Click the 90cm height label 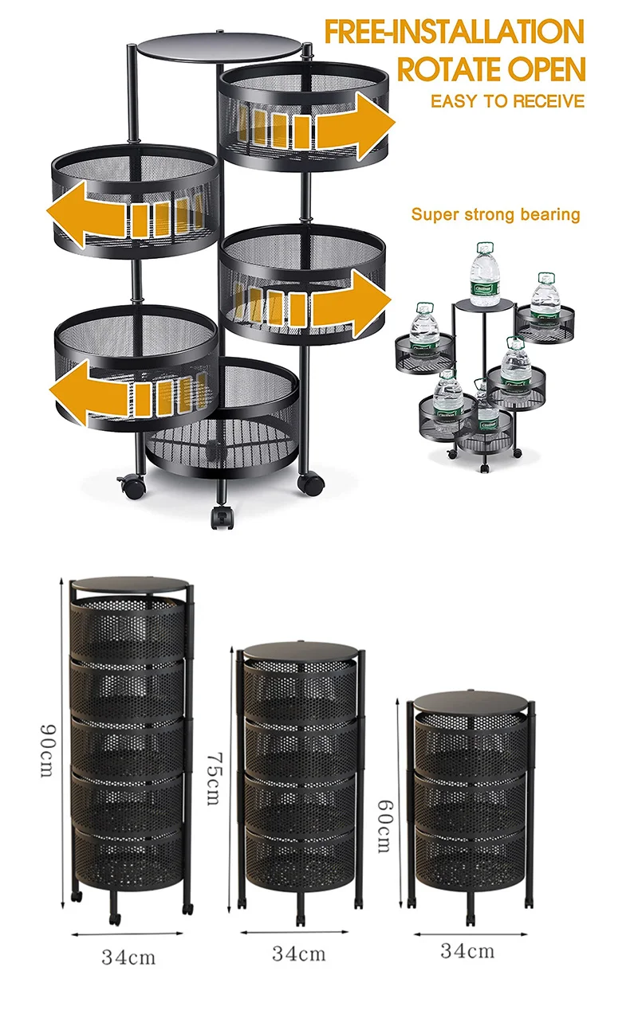pos(47,752)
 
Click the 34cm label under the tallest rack pos(128,957)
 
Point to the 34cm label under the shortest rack pos(467,949)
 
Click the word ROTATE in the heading pos(443,70)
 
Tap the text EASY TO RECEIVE pos(507,101)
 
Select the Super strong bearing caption pos(495,214)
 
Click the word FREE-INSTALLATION pos(454,33)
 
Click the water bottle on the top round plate pos(484,275)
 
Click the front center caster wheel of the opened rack pos(220,515)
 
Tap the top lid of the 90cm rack pos(130,584)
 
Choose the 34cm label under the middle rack pos(297,952)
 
